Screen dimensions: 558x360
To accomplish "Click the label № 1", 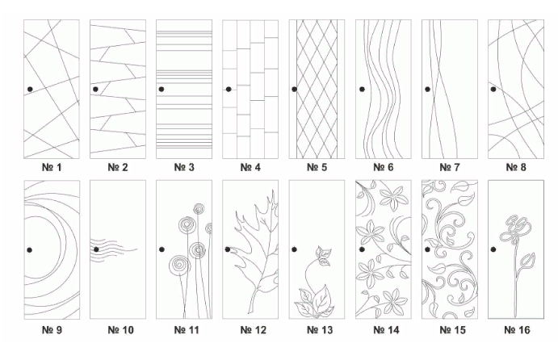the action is [x=52, y=167].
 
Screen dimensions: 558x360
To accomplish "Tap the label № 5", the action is [x=317, y=167].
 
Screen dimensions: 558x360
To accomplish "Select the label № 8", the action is [x=516, y=167].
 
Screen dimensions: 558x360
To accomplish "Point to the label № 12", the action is [x=254, y=330].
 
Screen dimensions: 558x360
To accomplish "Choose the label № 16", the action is [x=517, y=330].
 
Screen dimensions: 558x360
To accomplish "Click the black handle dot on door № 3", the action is [x=162, y=89].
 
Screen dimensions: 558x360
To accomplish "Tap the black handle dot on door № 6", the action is [x=362, y=89].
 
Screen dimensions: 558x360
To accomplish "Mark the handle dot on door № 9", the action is [x=30, y=250].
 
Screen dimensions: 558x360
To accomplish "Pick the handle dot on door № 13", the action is [x=294, y=249].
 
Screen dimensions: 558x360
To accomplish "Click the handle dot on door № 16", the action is [x=493, y=249].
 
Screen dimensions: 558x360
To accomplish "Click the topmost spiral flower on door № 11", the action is [x=199, y=209].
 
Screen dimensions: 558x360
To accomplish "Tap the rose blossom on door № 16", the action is [x=516, y=229].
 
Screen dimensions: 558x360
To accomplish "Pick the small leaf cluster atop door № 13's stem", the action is [x=324, y=256].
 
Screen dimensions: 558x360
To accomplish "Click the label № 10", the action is [x=120, y=330].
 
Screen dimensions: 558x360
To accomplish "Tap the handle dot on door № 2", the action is [x=95, y=89].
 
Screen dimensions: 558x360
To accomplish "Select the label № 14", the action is [x=386, y=330].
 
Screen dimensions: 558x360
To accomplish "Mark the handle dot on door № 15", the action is [x=427, y=249].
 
